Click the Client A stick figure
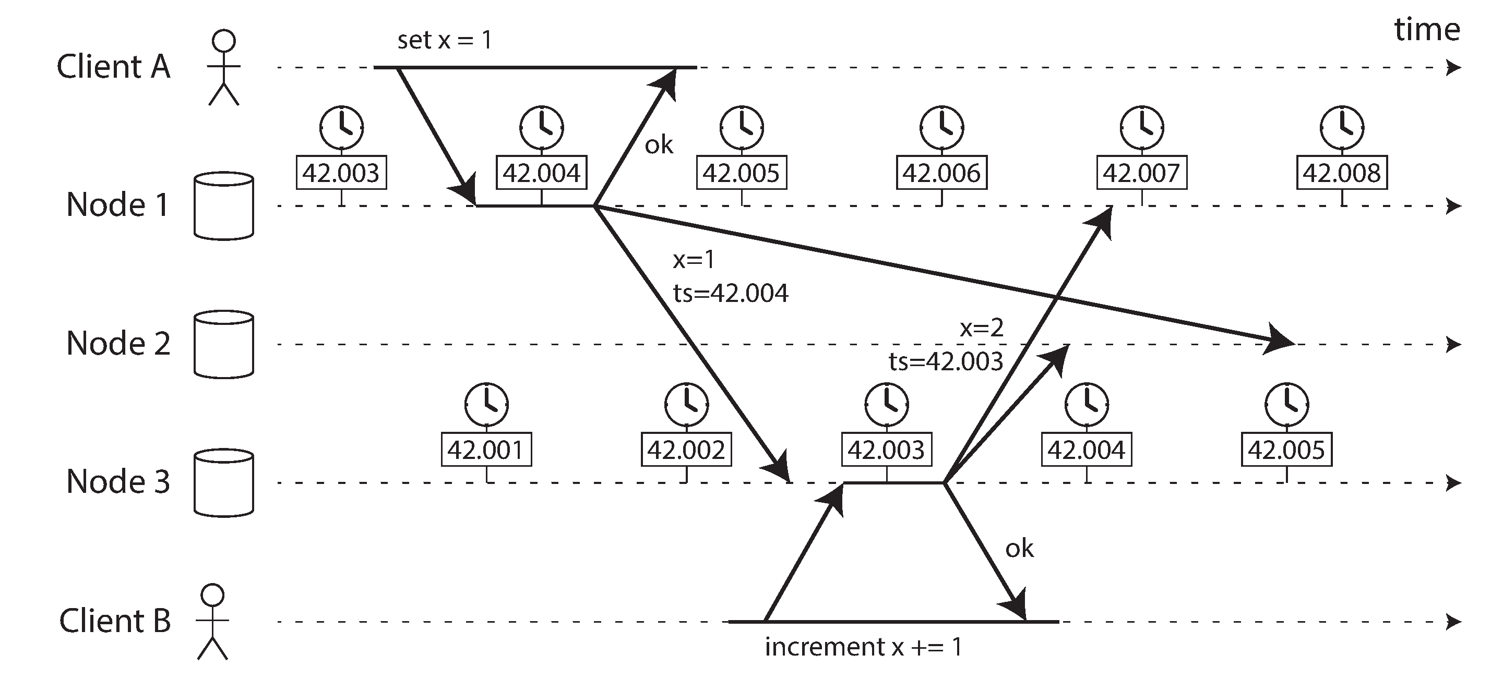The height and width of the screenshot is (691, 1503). pos(224,68)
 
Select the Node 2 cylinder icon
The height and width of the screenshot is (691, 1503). pos(223,344)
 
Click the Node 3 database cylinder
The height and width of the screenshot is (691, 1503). pos(223,483)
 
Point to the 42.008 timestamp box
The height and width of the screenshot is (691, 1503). pos(1342,173)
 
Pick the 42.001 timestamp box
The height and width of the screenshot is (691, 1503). pos(486,450)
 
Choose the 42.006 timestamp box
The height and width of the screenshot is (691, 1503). pos(941,173)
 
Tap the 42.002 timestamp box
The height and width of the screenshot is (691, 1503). pos(686,450)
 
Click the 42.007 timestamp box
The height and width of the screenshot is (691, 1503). pos(1142,173)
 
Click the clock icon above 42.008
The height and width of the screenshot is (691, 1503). pos(1342,127)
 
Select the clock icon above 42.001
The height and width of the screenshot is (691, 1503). pos(486,404)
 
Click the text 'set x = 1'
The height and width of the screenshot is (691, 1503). pos(445,40)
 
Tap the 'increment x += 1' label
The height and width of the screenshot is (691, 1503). pos(864,647)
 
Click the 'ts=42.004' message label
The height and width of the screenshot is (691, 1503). pos(731,293)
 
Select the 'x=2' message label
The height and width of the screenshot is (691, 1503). pos(981,329)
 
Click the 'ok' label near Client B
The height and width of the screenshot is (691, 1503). pos(1019,549)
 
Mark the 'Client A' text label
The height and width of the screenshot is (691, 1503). pos(113,66)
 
